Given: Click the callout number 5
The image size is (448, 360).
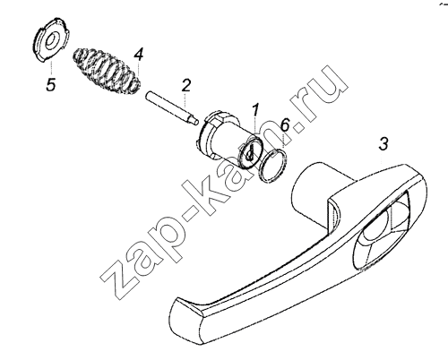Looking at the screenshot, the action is [x=51, y=84].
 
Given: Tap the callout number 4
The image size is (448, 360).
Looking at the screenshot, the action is [x=139, y=55].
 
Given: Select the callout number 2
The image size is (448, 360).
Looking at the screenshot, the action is [x=185, y=86].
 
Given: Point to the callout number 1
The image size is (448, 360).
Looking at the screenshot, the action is [x=256, y=111].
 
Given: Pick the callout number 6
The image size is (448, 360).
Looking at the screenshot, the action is [x=285, y=124].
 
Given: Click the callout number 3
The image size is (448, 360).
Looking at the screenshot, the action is [x=383, y=143].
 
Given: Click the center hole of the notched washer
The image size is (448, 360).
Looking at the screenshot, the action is [x=50, y=39].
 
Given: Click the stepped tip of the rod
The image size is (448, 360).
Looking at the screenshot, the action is [x=194, y=120].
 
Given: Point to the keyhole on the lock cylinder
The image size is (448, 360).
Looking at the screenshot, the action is [x=249, y=153].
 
